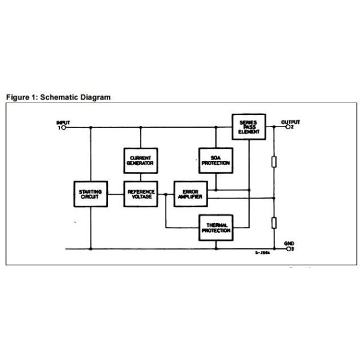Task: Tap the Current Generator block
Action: coord(140,160)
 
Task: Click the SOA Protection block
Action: coord(215,160)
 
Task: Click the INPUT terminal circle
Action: coord(64,128)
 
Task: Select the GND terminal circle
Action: coord(289,248)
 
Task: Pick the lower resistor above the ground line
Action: coord(274,223)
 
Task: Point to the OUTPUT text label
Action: coord(292,122)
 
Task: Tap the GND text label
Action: coord(289,242)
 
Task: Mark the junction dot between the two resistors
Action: coord(274,198)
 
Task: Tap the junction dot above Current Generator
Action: coord(140,128)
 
